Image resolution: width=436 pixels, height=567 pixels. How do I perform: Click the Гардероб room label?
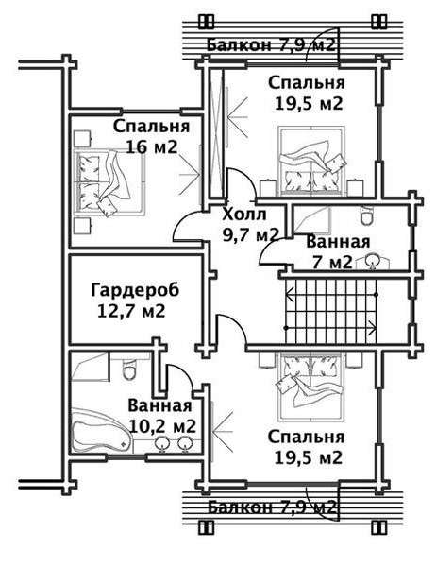[135, 290]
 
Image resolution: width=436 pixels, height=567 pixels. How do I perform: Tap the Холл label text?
[244, 215]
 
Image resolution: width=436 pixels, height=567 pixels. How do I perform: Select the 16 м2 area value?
[152, 147]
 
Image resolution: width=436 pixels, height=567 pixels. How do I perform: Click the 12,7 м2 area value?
[131, 311]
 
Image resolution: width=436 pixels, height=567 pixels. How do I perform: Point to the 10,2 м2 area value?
[162, 427]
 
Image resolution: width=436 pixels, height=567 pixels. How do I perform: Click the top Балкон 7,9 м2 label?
[271, 45]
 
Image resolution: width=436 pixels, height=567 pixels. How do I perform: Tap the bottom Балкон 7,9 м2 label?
[271, 507]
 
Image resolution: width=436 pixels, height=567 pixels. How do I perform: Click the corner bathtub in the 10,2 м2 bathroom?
[101, 430]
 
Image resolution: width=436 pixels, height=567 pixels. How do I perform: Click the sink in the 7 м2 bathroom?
[372, 261]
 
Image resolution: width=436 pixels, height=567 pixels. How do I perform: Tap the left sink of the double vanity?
[163, 444]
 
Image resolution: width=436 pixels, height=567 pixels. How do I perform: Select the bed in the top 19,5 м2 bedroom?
[311, 161]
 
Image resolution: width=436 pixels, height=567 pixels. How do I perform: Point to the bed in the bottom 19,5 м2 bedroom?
[311, 387]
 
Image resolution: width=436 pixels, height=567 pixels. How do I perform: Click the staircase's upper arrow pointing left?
[331, 295]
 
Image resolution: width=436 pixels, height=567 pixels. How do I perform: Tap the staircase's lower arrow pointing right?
[331, 328]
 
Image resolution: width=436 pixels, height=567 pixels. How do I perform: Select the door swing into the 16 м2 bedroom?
[186, 227]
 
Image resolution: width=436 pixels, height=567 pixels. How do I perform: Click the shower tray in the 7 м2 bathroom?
[311, 221]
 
